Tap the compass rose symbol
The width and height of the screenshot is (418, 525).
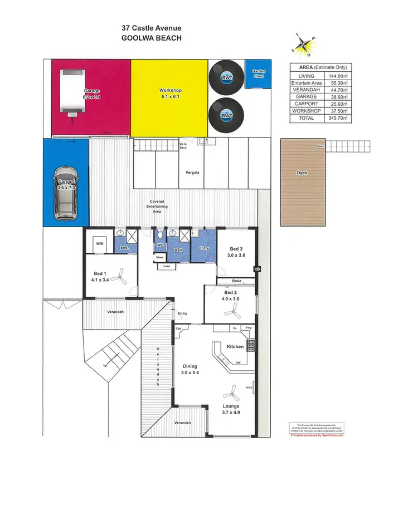click(x=305, y=46)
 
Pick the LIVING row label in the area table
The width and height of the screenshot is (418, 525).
click(x=307, y=76)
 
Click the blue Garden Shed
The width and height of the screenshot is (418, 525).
click(x=258, y=73)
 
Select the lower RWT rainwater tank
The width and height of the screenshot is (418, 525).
click(x=226, y=115)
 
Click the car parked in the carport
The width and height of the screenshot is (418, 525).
click(x=66, y=192)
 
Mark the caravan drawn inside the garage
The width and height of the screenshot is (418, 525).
click(x=71, y=93)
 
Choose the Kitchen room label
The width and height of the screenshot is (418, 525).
click(x=235, y=346)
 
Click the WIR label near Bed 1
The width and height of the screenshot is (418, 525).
click(x=100, y=243)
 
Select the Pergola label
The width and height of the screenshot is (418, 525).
click(x=193, y=172)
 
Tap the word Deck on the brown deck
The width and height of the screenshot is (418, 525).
click(x=302, y=173)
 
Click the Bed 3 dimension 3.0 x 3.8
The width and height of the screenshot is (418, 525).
click(x=236, y=255)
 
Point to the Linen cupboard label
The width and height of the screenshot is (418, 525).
click(x=166, y=267)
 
